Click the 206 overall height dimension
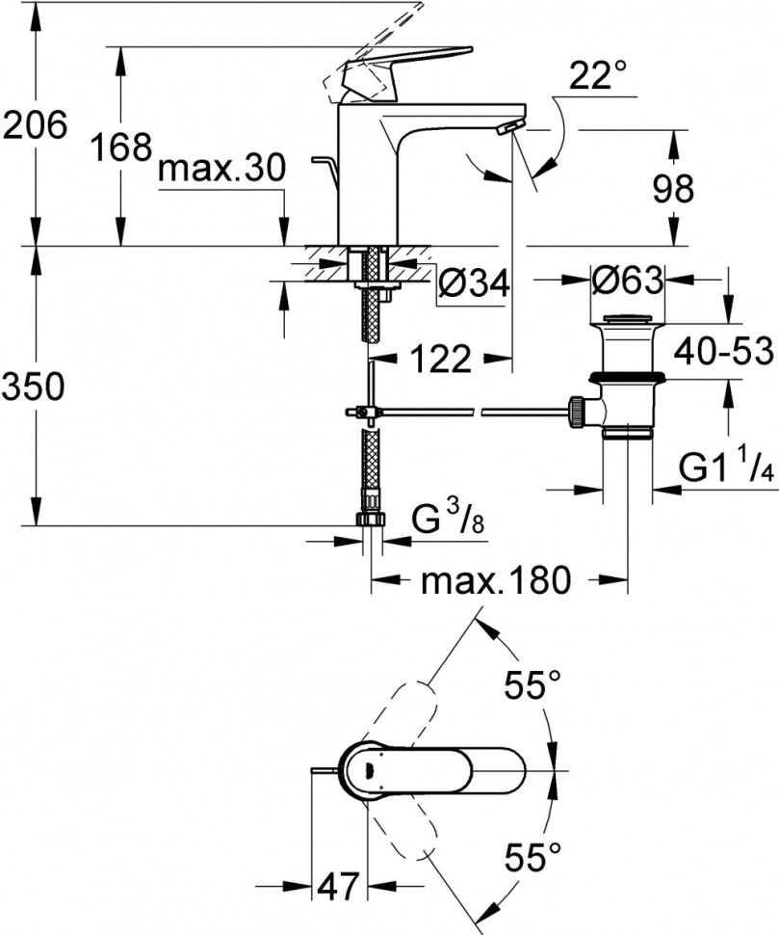[35, 125]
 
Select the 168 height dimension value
[122, 147]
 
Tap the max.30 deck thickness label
[221, 171]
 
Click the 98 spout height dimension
[671, 190]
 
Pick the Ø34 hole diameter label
[473, 283]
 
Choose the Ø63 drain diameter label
[627, 281]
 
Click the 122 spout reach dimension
[438, 361]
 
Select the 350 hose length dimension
[35, 387]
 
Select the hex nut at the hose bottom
[370, 520]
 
